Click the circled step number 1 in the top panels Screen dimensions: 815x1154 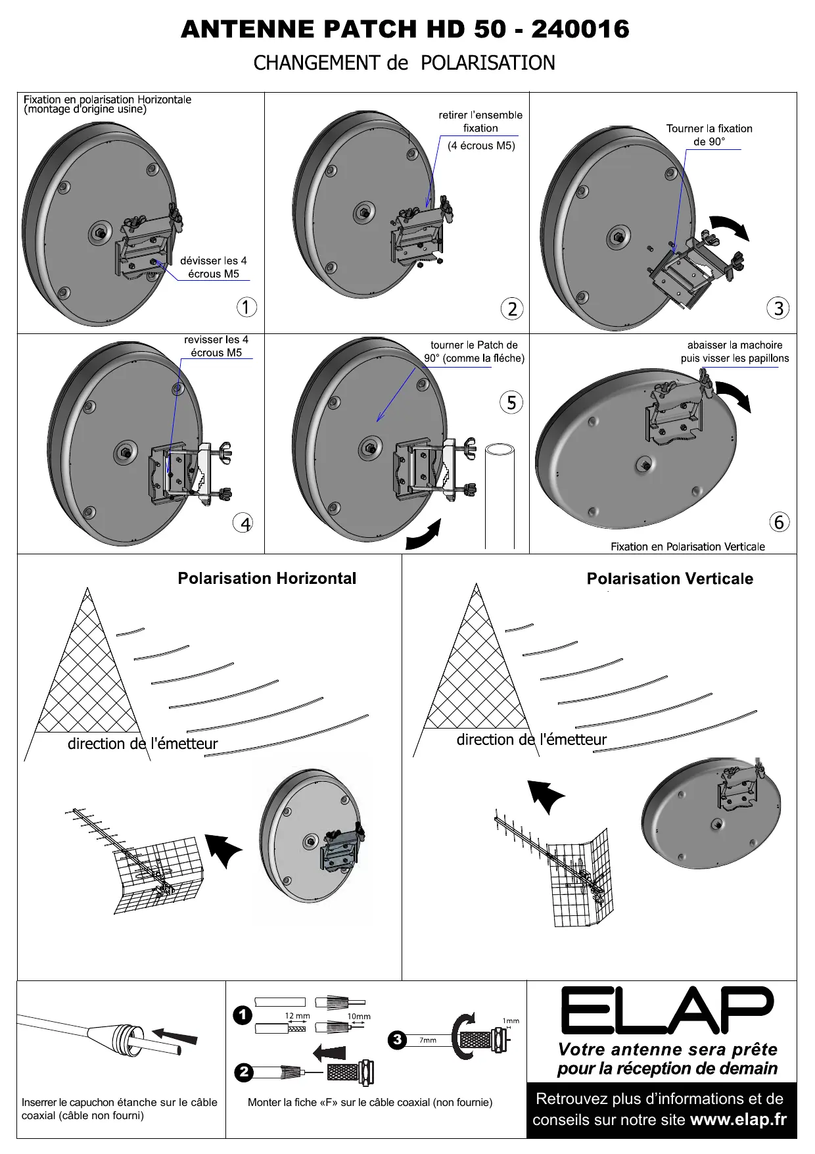pos(246,307)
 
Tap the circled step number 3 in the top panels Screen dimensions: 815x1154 pos(779,308)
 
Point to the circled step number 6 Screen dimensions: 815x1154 pos(779,523)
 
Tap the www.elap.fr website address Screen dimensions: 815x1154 pos(738,1120)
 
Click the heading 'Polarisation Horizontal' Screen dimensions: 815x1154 pos(267,579)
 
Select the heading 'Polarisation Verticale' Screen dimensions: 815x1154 pos(670,579)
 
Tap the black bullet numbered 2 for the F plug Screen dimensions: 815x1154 pos(244,1072)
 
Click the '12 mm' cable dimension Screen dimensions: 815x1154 pos(297,1016)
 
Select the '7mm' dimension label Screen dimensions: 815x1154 pos(428,1040)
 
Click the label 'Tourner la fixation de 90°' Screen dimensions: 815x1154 pos(709,135)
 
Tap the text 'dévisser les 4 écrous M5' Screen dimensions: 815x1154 pos(214,267)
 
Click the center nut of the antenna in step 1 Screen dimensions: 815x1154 pos(98,233)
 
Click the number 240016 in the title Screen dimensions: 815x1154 pos(580,30)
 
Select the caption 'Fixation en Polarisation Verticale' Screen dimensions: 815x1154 pos(687,546)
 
